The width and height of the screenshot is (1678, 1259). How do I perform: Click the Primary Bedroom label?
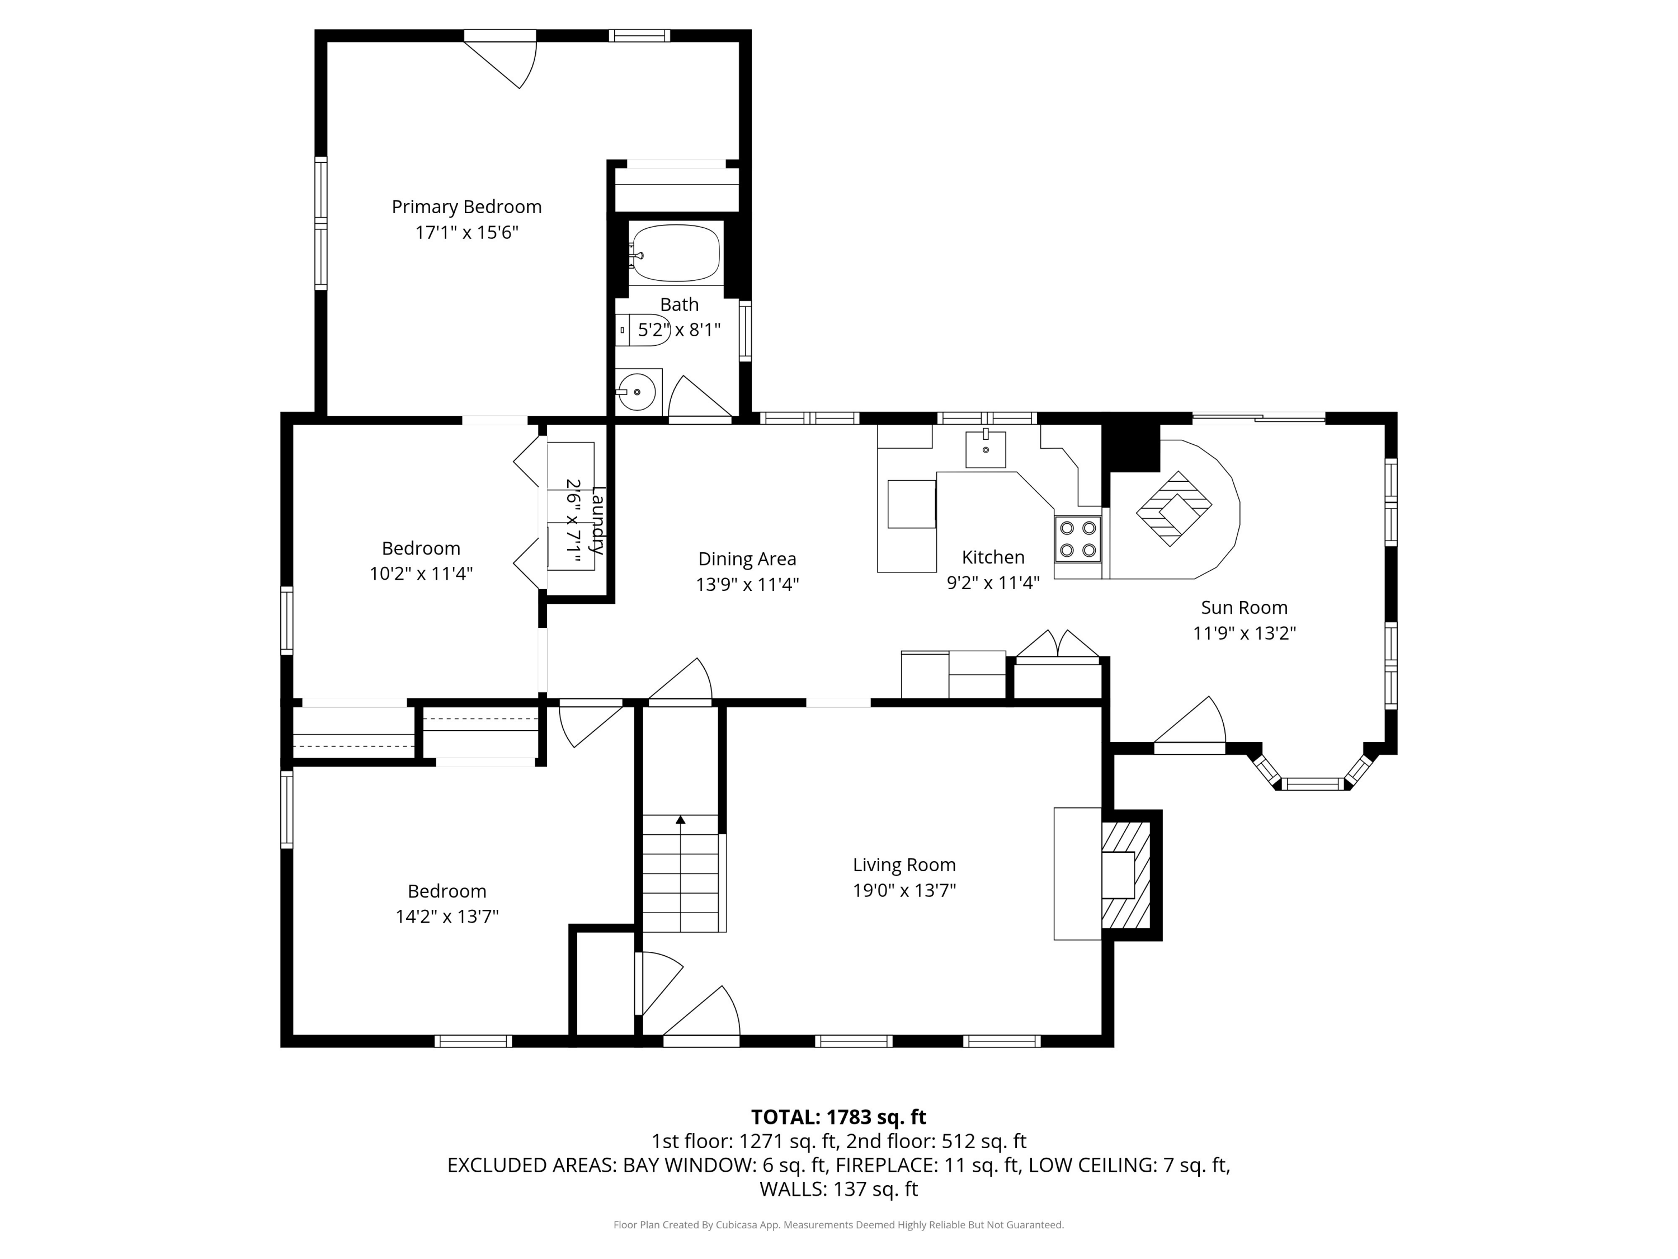pyautogui.click(x=466, y=207)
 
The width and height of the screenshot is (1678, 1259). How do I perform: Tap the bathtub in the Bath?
pyautogui.click(x=675, y=253)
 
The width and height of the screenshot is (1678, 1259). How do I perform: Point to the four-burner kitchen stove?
pyautogui.click(x=1077, y=539)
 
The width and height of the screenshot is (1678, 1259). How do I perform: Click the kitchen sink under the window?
pyautogui.click(x=986, y=449)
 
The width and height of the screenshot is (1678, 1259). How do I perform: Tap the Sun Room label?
pyautogui.click(x=1244, y=608)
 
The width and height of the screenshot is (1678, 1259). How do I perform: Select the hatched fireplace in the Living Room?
pyautogui.click(x=1126, y=875)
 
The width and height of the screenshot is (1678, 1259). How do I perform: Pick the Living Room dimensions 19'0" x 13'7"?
pyautogui.click(x=904, y=890)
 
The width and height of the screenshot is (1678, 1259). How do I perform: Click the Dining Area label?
pyautogui.click(x=747, y=560)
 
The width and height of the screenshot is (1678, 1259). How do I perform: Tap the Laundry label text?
pyautogui.click(x=598, y=520)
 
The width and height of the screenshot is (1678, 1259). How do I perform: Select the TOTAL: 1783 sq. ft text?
pyautogui.click(x=838, y=1117)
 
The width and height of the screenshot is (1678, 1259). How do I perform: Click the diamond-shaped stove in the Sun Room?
pyautogui.click(x=1173, y=509)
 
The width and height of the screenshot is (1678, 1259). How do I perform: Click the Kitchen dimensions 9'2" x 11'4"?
pyautogui.click(x=993, y=583)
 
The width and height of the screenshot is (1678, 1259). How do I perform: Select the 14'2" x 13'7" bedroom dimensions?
pyautogui.click(x=447, y=917)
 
